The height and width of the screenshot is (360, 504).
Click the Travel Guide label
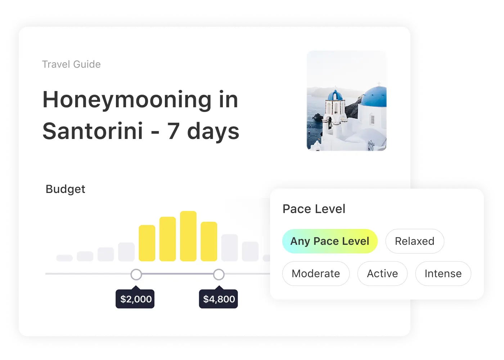[71, 64]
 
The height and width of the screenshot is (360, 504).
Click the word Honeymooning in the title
[127, 100]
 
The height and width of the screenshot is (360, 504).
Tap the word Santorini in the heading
[93, 131]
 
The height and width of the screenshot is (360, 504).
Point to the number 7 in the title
[173, 131]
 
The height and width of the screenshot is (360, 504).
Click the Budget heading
[65, 189]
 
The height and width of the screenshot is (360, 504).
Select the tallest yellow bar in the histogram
[188, 236]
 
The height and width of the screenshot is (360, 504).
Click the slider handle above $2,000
[136, 274]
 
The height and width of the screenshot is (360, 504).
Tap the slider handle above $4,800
[219, 274]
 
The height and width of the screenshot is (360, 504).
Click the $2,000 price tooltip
[135, 298]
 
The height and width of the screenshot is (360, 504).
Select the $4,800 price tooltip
[219, 298]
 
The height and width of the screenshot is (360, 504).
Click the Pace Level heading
[314, 209]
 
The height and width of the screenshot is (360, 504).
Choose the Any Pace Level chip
[330, 241]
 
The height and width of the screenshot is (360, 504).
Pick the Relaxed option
[415, 241]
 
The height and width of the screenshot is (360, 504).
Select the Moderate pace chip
[316, 274]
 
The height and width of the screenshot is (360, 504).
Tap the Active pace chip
[382, 274]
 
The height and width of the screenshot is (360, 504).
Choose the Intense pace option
[443, 274]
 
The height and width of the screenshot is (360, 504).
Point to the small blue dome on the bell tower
[335, 95]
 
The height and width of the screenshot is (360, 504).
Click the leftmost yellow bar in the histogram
[147, 243]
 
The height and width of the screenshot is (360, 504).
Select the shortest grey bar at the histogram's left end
[64, 258]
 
